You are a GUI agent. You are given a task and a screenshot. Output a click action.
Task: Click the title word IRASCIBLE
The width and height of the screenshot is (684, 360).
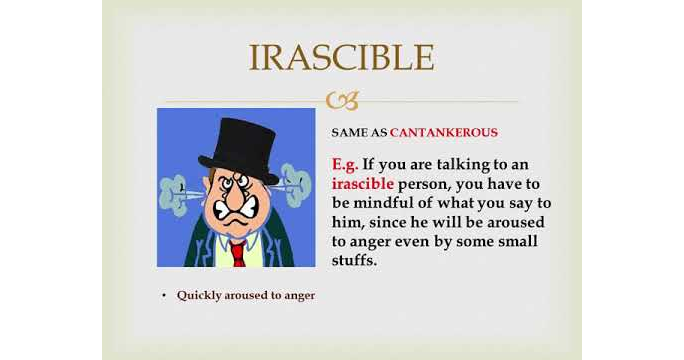(341, 57)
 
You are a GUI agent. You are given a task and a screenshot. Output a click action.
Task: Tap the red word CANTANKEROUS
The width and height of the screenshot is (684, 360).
(443, 132)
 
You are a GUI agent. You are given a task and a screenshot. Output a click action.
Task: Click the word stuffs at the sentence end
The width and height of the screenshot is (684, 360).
(355, 261)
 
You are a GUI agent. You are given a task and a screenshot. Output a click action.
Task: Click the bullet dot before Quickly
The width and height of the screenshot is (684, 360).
(164, 296)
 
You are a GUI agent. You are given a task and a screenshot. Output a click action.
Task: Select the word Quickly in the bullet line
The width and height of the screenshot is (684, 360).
(198, 295)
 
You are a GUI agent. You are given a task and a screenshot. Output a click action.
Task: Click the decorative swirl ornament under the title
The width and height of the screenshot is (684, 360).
(341, 100)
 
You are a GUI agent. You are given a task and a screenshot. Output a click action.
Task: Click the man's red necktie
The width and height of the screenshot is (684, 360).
(238, 250)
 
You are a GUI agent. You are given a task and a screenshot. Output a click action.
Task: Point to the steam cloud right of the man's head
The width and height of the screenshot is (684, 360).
(296, 186)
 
